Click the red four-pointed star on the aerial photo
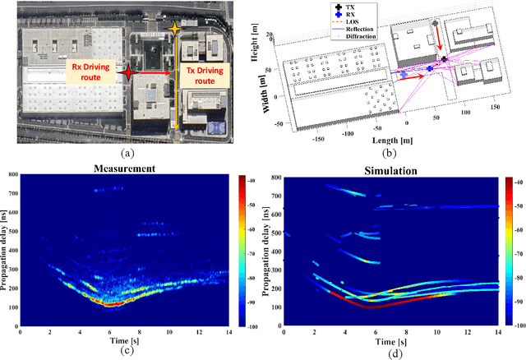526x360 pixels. pyautogui.click(x=127, y=73)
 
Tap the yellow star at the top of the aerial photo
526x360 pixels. pyautogui.click(x=173, y=30)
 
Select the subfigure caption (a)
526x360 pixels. pyautogui.click(x=127, y=152)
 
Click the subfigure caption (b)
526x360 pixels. pyautogui.click(x=389, y=152)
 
